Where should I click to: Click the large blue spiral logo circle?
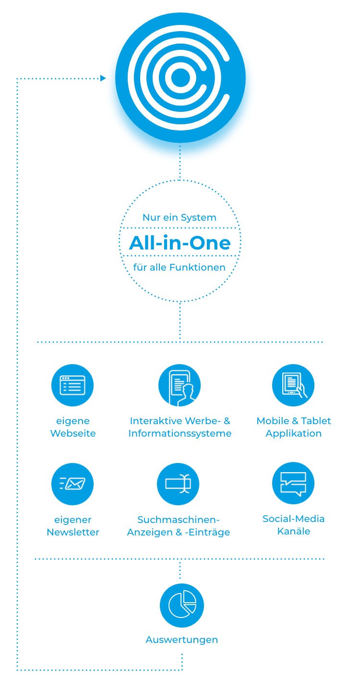pos(180,78)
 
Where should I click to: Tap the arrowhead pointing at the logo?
pos(103,78)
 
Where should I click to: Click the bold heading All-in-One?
pos(180,243)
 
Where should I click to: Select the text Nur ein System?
pos(180,217)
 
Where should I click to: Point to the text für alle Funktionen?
pos(180,267)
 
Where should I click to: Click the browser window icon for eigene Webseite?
pos(72,385)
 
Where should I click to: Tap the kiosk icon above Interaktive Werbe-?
pos(180,385)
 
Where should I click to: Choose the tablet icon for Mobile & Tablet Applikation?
pos(293,385)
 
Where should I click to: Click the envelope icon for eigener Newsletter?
pos(72,484)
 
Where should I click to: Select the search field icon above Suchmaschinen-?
pos(178,484)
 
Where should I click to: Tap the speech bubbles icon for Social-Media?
pos(293,483)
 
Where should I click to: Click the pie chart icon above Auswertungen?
pos(182,605)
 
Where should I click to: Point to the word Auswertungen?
pos(182,640)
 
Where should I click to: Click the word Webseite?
pos(73,433)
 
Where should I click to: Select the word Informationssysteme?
pos(180,433)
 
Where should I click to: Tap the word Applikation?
pos(294,433)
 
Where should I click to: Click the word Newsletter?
pos(73,532)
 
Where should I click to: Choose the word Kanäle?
pos(294,531)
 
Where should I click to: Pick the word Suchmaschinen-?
pos(179,520)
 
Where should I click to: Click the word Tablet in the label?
pos(316,421)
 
